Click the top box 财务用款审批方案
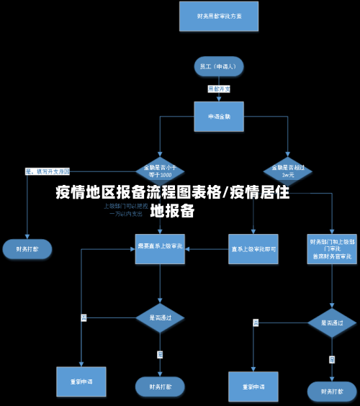pos(218,16)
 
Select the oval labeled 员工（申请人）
pos(218,66)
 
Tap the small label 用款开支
pos(219,89)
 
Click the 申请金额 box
pos(219,116)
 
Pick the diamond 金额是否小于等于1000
pos(160,171)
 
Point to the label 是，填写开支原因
pos(48,171)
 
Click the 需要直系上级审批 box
pos(160,248)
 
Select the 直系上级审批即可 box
pos(253,249)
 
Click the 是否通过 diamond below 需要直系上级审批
pos(160,317)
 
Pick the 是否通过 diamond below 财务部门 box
pos(332,322)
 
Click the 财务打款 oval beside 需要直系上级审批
pos(27,249)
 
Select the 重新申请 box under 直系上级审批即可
pos(253,387)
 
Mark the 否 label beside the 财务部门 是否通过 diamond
pos(256,322)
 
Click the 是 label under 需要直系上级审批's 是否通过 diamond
pos(160,353)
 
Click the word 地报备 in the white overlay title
pos(173,211)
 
